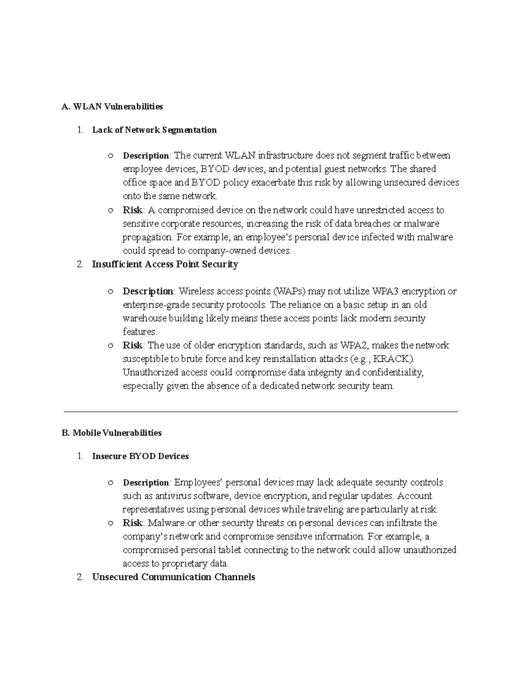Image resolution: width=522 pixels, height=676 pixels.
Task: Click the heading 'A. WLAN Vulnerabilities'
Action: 112,107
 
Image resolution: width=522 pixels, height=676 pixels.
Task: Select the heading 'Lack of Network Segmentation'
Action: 154,130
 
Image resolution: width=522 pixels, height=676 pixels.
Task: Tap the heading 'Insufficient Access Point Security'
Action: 165,264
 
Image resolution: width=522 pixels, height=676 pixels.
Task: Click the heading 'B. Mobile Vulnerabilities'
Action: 112,433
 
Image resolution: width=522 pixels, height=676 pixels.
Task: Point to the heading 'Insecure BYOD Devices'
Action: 141,456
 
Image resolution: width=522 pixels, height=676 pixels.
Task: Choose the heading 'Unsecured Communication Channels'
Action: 174,577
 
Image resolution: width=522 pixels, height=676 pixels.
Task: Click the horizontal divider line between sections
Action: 261,411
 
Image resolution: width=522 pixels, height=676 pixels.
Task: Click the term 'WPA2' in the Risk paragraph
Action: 353,346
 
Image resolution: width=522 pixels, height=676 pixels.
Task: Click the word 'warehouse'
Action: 145,318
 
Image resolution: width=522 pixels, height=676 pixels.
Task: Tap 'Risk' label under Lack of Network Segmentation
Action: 132,210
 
